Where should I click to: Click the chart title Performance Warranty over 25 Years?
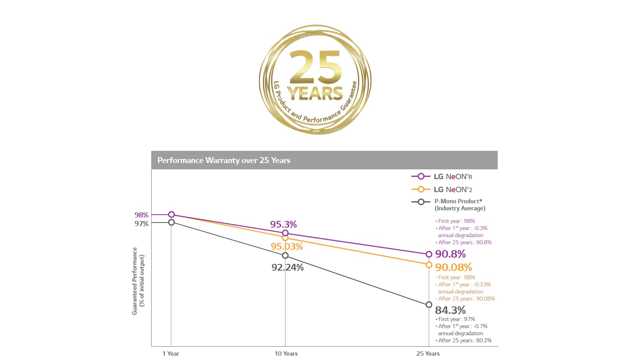coord(224,160)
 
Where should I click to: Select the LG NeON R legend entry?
coord(452,176)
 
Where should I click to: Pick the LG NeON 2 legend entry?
coord(452,189)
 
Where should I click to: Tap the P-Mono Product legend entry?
coord(459,204)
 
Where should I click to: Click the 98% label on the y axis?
coord(141,215)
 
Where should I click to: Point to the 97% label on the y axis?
coord(141,223)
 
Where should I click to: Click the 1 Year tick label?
coord(170,353)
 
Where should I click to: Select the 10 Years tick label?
coord(286,353)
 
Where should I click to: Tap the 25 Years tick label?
coord(428,353)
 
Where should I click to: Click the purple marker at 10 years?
coord(285,233)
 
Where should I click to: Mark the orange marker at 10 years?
coord(285,238)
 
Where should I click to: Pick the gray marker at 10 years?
coord(285,256)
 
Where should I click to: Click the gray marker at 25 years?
coord(429,304)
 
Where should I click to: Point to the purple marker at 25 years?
coord(429,254)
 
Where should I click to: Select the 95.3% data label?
coord(283,224)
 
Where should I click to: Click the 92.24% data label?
coord(287,267)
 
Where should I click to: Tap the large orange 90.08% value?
coord(453,267)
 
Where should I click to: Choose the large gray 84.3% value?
coord(450,310)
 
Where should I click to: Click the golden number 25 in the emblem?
coord(315,67)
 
